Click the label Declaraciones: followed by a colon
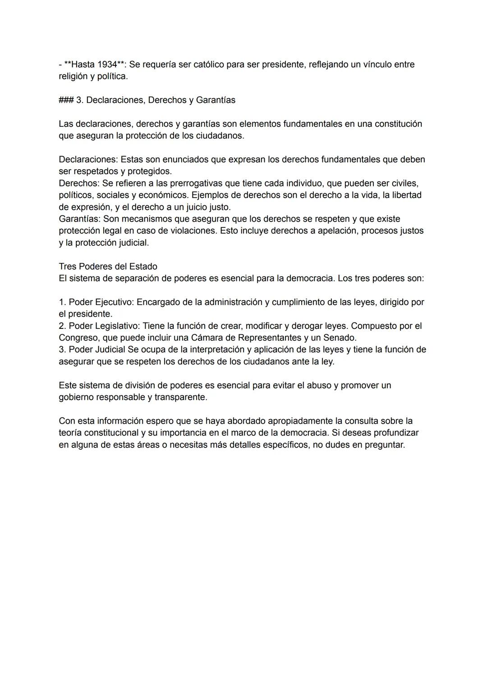88,160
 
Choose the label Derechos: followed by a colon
79,184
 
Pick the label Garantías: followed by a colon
79,219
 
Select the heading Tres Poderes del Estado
108,267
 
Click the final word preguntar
383,445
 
